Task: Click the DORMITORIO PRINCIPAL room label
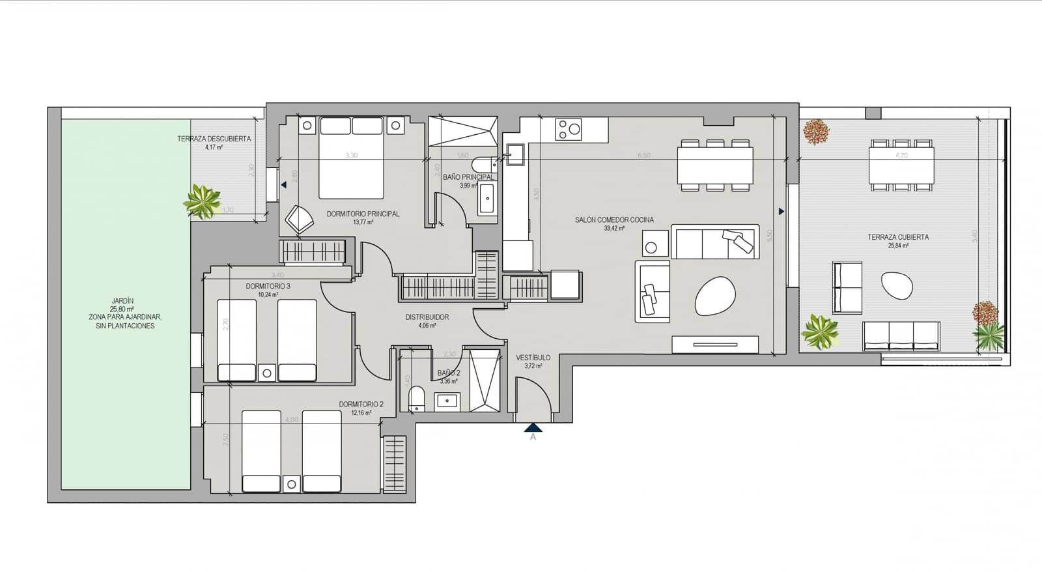(x=363, y=214)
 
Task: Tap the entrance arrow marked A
(x=533, y=428)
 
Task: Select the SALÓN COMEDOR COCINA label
(x=614, y=220)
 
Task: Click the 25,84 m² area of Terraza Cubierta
(x=898, y=246)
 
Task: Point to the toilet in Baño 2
(x=416, y=398)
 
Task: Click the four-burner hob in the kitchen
(x=568, y=129)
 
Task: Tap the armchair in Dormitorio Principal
(x=299, y=219)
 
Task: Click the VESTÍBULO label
(x=533, y=358)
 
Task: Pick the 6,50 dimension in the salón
(x=643, y=156)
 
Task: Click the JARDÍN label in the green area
(x=122, y=301)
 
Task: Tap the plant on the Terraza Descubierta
(x=202, y=201)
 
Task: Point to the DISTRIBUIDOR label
(x=427, y=317)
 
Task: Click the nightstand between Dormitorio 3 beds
(x=266, y=373)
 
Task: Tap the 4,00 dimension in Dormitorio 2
(x=291, y=420)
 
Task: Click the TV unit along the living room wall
(x=715, y=345)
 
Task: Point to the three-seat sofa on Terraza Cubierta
(x=901, y=335)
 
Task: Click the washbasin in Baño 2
(x=447, y=401)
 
